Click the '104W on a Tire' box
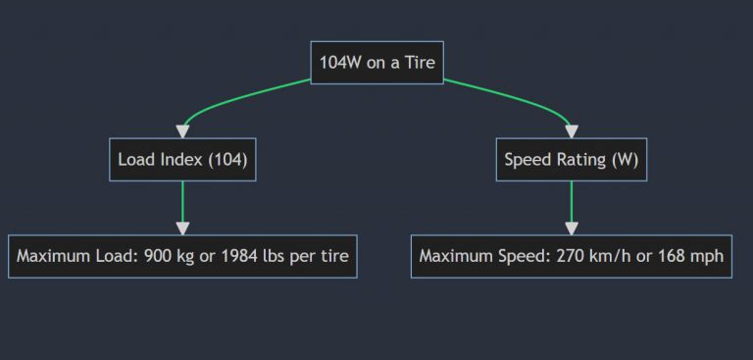tap(377, 62)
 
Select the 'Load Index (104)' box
tap(182, 159)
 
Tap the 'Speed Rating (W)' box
tap(571, 159)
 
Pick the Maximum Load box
tap(182, 256)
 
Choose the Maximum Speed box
tap(571, 256)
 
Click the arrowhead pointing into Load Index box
tap(182, 131)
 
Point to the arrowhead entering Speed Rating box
tap(571, 131)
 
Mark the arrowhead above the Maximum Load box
tap(182, 229)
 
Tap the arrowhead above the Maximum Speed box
tap(571, 229)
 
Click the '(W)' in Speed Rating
tap(624, 160)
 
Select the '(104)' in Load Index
tap(226, 160)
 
